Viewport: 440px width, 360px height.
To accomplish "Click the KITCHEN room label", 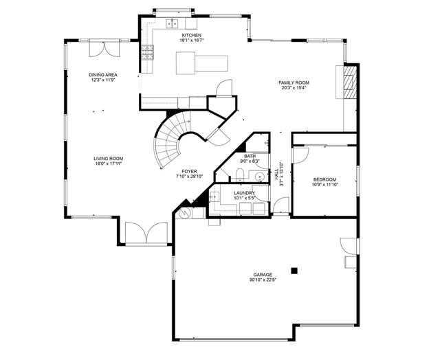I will pos(191,34).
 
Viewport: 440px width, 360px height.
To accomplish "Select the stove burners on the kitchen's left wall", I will pos(146,49).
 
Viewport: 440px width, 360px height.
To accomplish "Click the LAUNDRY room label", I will pos(244,193).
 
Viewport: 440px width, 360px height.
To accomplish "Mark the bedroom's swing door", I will pos(298,155).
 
